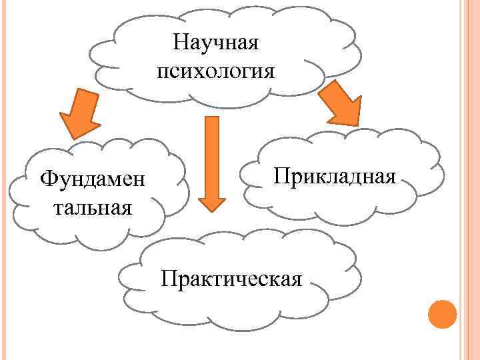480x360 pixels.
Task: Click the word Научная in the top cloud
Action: point(215,43)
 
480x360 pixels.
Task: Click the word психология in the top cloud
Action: point(215,71)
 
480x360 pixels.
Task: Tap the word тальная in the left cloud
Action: point(92,207)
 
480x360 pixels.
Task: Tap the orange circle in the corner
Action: point(441,313)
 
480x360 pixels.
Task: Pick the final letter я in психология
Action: point(268,72)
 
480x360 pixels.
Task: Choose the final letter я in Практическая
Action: point(297,277)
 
